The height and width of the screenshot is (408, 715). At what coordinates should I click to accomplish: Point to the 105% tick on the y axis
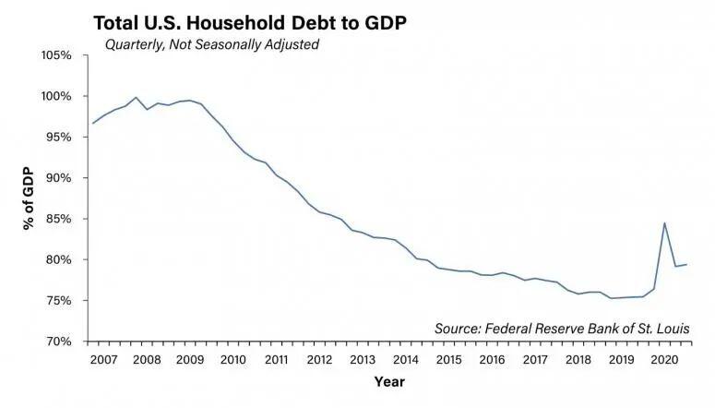coord(54,55)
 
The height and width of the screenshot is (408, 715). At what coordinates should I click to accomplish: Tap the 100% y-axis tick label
coord(54,96)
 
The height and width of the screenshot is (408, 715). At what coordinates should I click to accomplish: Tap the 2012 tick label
coord(318,359)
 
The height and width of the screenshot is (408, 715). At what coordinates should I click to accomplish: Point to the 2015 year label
coord(448,359)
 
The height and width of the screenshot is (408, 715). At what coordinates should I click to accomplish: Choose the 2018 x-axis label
coord(578,359)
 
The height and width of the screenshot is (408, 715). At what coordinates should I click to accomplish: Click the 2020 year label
coord(665,359)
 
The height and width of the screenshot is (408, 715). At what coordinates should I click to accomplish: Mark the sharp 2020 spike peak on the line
coord(665,222)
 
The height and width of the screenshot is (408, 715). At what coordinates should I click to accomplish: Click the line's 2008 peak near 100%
coord(137,97)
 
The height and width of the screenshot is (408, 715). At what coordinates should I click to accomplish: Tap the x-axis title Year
coord(388,380)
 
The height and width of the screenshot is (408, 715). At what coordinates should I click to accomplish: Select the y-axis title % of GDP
coord(30,198)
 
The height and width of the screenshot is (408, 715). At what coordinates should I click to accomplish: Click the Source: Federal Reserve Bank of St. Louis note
coord(562,328)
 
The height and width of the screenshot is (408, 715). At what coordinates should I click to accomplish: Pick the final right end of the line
coord(687,265)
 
